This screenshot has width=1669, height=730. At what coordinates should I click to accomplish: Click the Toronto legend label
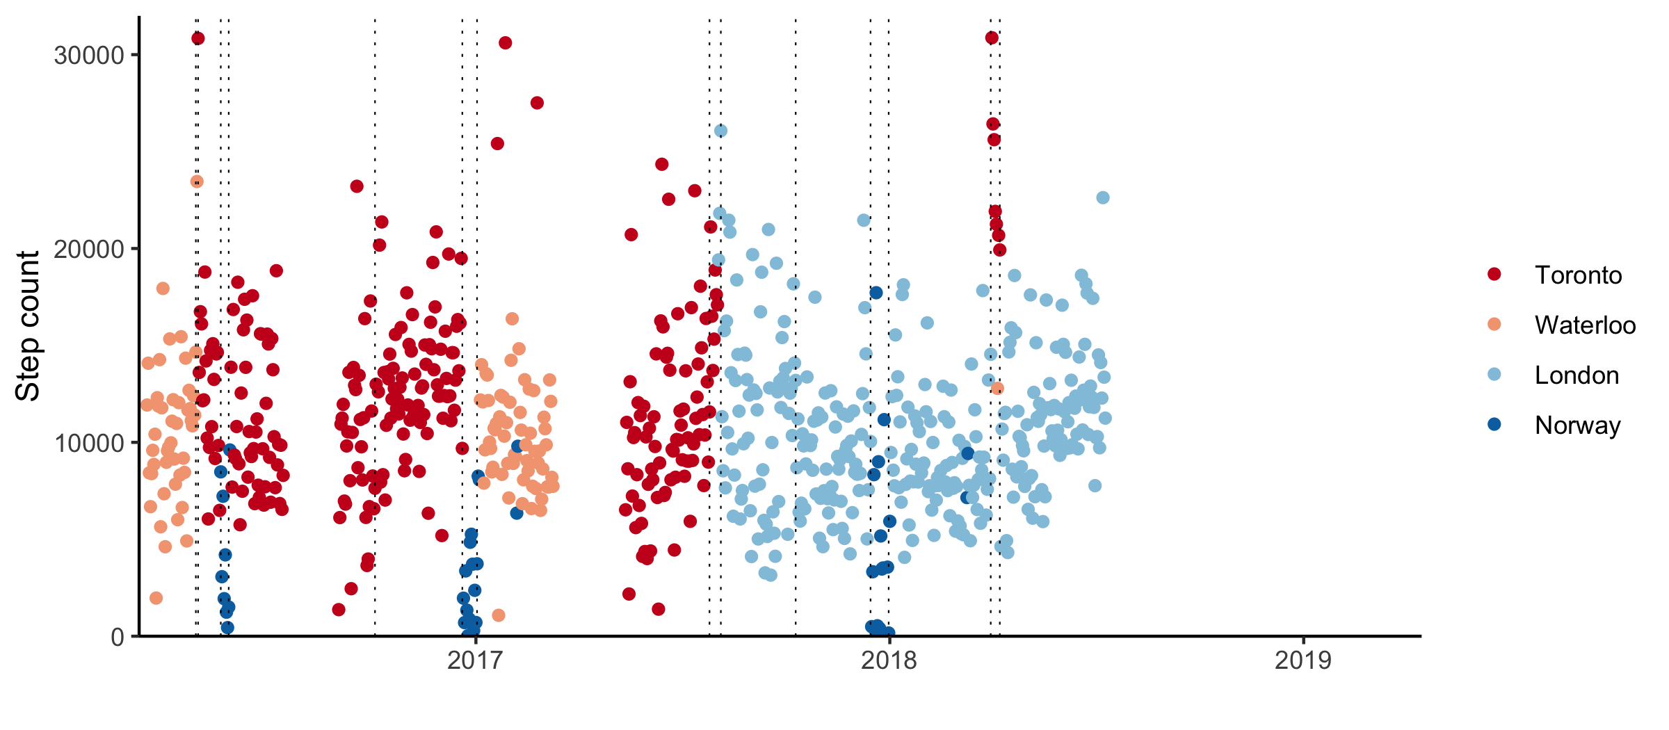click(x=1578, y=275)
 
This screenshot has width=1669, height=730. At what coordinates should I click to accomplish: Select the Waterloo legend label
click(x=1585, y=325)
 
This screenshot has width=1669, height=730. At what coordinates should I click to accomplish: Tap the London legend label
click(x=1577, y=375)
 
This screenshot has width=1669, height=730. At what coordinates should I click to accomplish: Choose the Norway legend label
click(x=1577, y=425)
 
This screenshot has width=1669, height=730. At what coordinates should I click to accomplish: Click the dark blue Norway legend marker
click(x=1494, y=424)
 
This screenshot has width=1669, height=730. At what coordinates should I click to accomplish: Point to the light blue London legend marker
click(x=1494, y=375)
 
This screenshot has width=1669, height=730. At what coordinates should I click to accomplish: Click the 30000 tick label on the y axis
click(x=88, y=56)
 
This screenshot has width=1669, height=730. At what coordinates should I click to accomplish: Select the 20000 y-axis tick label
click(x=88, y=250)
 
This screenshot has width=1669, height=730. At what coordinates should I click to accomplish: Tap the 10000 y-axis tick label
click(x=88, y=444)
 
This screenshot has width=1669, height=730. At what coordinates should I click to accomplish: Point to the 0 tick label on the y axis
click(x=118, y=638)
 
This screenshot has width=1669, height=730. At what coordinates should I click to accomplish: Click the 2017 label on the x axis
click(x=475, y=660)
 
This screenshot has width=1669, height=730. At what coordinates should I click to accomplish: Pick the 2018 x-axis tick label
click(x=889, y=660)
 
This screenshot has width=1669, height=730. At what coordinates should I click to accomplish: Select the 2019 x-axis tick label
click(x=1303, y=660)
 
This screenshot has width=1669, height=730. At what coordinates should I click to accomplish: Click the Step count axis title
click(x=28, y=326)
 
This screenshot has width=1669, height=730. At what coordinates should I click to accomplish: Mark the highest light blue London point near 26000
click(x=720, y=131)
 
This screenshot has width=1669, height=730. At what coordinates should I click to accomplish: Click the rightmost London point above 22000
click(x=1103, y=198)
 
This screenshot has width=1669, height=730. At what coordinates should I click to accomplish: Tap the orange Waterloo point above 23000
click(x=197, y=181)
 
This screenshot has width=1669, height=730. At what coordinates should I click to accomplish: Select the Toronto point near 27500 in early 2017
click(x=537, y=103)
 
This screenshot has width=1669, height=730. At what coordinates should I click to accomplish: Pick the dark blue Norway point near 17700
click(x=876, y=293)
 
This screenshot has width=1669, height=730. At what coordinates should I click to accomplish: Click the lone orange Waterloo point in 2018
click(x=997, y=388)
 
